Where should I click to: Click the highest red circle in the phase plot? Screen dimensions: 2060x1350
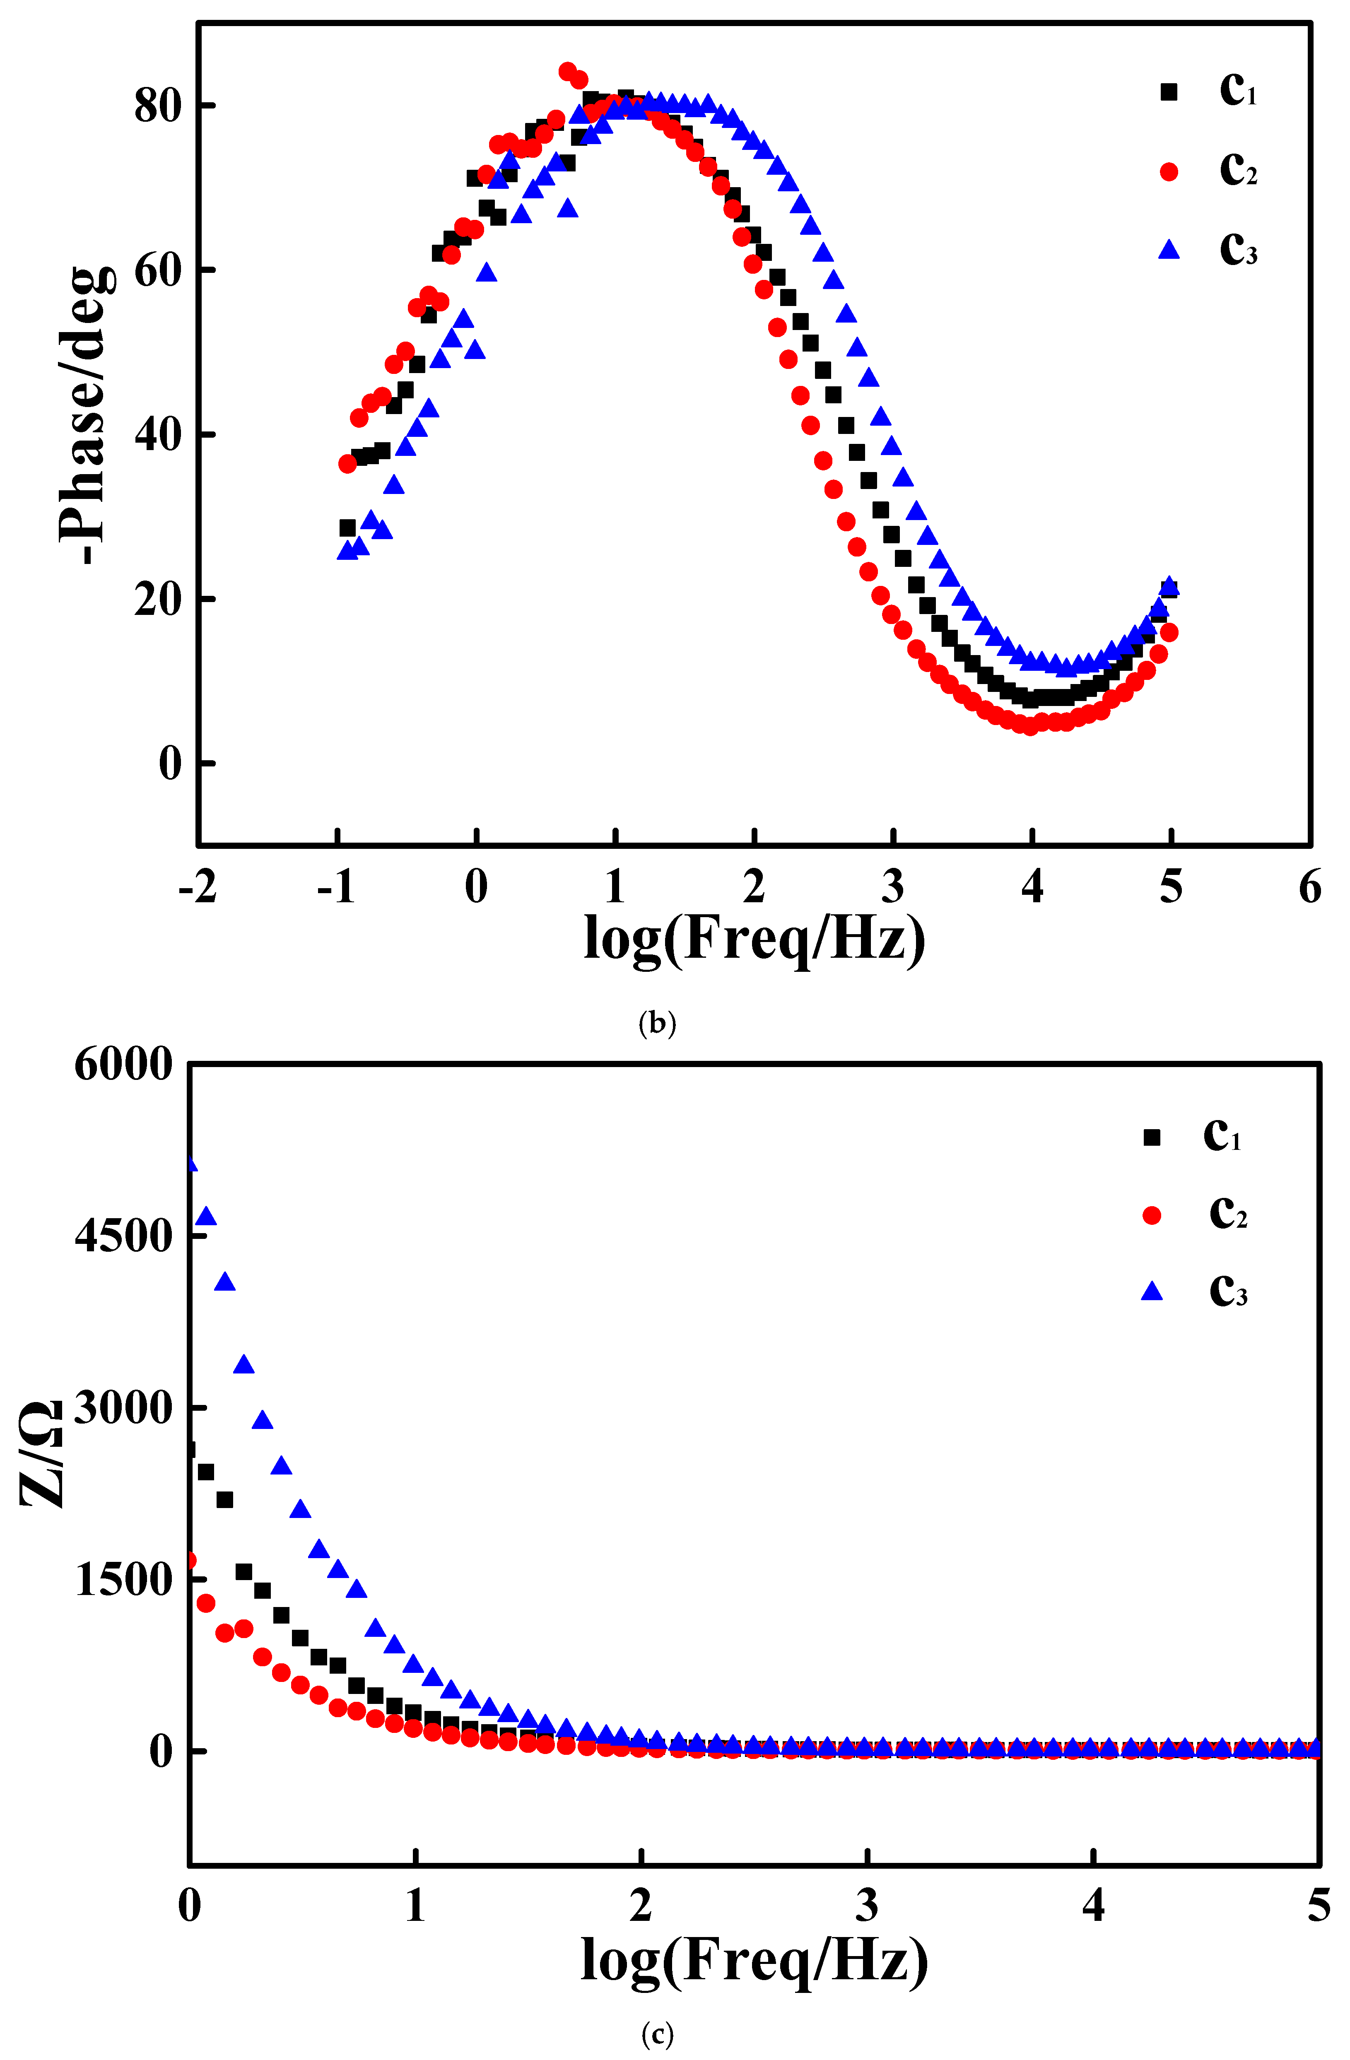(x=568, y=71)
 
